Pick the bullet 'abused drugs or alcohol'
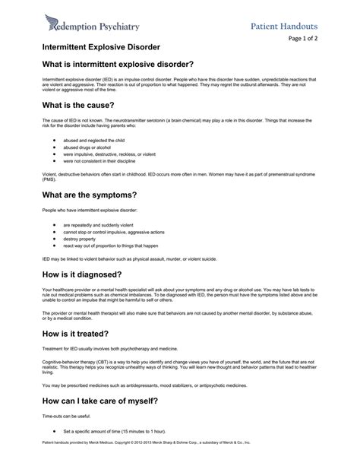click(87, 148)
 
